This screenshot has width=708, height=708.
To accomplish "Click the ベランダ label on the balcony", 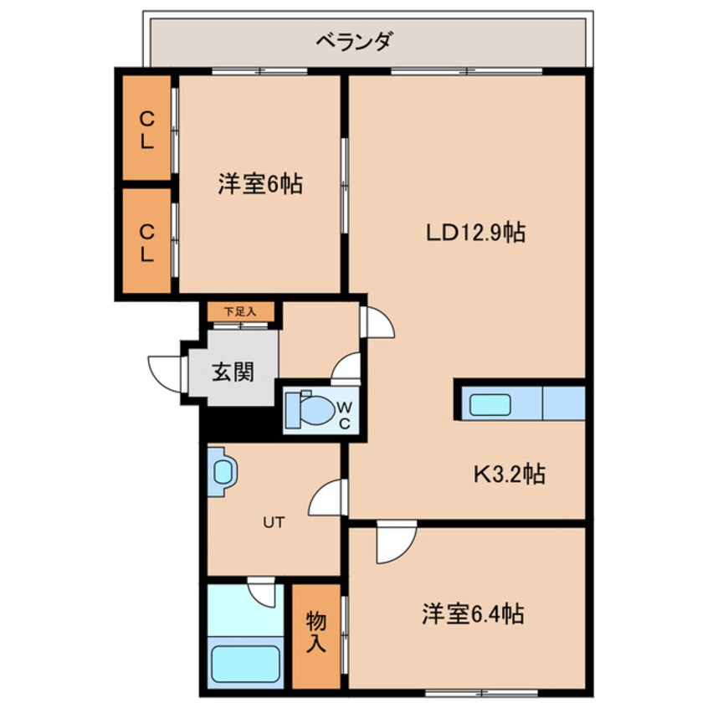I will click(x=354, y=40).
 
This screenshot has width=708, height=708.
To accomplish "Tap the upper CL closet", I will click(x=146, y=127).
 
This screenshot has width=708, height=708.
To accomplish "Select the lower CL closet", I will click(x=146, y=242).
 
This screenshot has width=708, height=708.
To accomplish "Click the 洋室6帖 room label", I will click(x=260, y=183).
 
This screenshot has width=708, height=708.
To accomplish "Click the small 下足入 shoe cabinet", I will click(x=241, y=312).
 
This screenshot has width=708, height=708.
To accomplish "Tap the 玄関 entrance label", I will click(x=232, y=371).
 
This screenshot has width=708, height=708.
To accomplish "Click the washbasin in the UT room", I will click(x=223, y=471).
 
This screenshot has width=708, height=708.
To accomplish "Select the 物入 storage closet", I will click(x=316, y=634).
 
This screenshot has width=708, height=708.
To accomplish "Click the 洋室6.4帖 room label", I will click(x=472, y=615).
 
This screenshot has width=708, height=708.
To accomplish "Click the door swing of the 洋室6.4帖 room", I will click(x=394, y=543).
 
